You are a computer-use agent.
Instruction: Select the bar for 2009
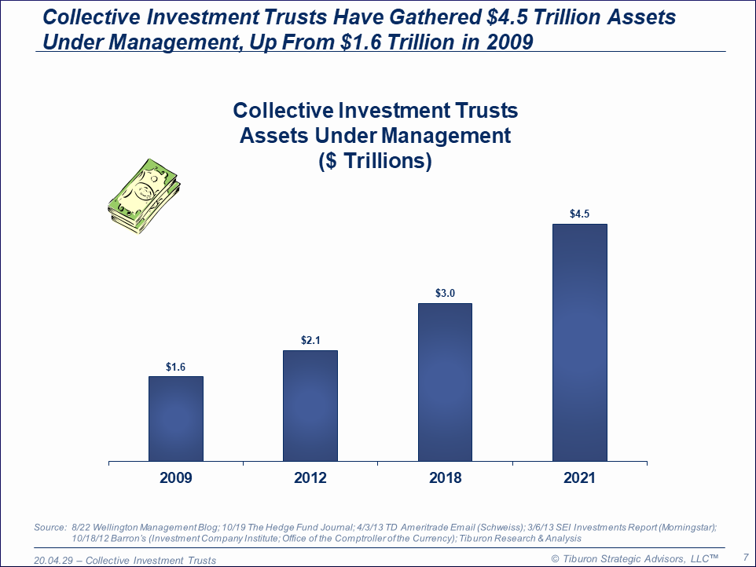(175, 419)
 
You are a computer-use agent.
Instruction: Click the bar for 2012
(310, 405)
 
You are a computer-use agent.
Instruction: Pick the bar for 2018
(445, 382)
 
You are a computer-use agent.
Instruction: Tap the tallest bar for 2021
(579, 342)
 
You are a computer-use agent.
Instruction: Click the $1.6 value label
(175, 367)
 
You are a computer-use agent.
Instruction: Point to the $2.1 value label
(310, 341)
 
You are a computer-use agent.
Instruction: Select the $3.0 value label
(445, 294)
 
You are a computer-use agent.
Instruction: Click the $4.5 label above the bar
(579, 214)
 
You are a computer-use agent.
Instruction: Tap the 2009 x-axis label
(175, 478)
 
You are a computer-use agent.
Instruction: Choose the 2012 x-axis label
(310, 478)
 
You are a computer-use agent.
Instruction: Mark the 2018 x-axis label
(445, 478)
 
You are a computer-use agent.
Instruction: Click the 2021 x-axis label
(579, 478)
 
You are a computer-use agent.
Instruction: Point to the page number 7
(744, 558)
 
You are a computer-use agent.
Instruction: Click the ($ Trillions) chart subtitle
(375, 161)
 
